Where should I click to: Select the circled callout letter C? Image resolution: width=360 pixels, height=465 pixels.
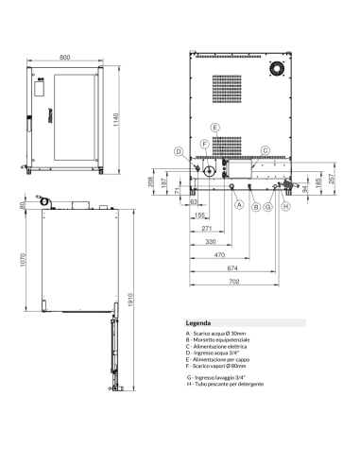pos(266,150)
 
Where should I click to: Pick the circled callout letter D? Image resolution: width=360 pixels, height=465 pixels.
pos(178,152)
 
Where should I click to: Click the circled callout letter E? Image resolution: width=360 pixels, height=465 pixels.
pos(215,127)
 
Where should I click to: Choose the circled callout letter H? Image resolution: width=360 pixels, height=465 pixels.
pos(286,205)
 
